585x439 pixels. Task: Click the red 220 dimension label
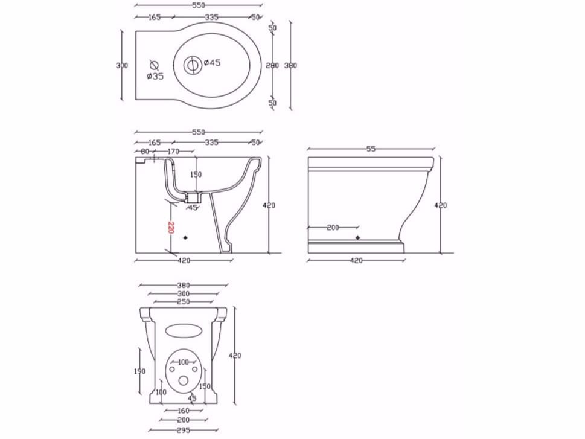pos(171,228)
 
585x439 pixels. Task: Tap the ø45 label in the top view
pos(212,63)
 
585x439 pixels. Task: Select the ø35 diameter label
pos(155,76)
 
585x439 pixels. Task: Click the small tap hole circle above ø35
pos(153,63)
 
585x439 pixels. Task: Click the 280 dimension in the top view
pos(272,65)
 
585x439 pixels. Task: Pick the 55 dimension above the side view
pos(371,149)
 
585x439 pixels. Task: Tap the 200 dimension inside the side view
pos(333,228)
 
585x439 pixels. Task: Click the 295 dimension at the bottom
pos(184,430)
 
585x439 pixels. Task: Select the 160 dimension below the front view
pos(184,410)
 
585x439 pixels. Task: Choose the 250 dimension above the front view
pos(184,301)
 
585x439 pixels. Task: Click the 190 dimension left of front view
pos(139,371)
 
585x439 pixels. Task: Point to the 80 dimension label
pos(145,151)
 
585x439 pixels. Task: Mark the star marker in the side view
pos(358,237)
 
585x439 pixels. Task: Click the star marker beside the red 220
pos(185,238)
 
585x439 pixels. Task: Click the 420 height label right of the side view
pos(441,205)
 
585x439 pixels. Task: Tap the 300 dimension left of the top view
pos(122,65)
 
